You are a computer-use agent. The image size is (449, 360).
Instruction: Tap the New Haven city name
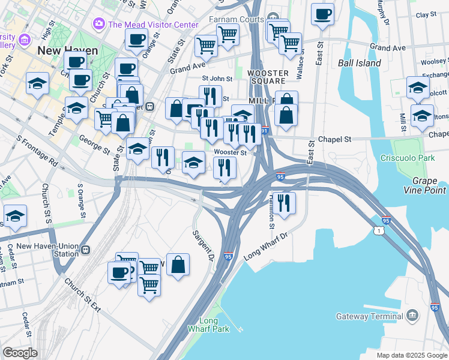pyautogui.click(x=67, y=50)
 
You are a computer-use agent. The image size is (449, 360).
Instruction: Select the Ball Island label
pyautogui.click(x=359, y=63)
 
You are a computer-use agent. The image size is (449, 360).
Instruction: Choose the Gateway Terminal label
pyautogui.click(x=369, y=316)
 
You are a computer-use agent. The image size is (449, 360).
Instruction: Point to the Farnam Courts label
pyautogui.click(x=236, y=19)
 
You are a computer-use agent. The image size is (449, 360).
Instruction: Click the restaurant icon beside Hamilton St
pyautogui.click(x=284, y=202)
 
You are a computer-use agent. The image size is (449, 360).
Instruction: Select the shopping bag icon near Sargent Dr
pyautogui.click(x=178, y=265)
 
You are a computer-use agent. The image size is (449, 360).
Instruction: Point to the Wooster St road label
pyautogui.click(x=231, y=152)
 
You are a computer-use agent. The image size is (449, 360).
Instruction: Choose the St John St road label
pyautogui.click(x=217, y=79)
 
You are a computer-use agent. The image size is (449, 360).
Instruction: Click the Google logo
pyautogui.click(x=20, y=353)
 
